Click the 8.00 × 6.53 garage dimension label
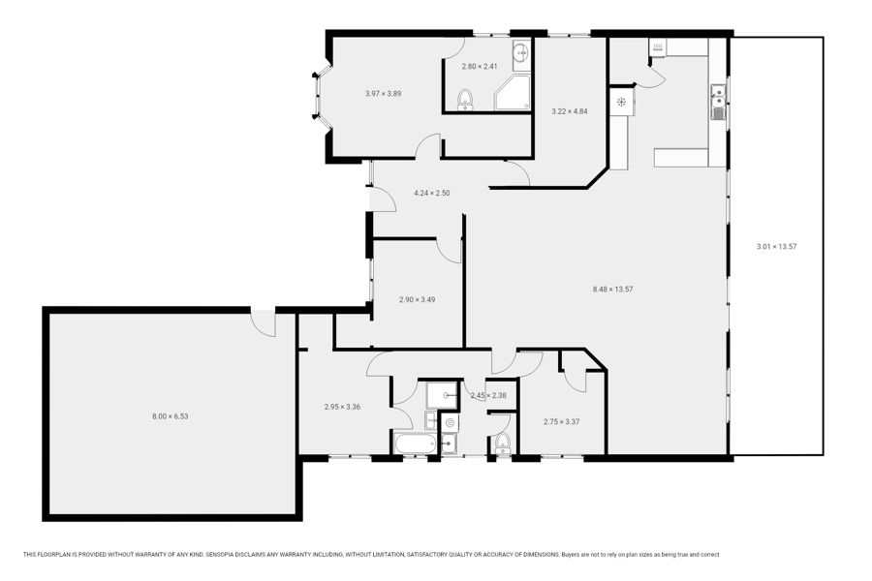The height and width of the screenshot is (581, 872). (171, 415)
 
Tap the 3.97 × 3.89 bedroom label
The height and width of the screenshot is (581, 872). (383, 93)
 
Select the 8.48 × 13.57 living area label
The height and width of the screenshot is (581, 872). (613, 290)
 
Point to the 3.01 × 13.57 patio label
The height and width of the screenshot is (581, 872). (776, 246)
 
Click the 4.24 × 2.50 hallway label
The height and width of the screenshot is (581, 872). (431, 193)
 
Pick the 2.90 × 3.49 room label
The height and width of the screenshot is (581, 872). (417, 299)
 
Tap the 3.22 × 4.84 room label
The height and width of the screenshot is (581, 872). (570, 111)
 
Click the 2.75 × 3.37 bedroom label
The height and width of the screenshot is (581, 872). (562, 421)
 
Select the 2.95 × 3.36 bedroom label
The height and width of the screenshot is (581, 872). (342, 407)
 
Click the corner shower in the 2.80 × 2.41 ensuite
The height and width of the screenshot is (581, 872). (513, 93)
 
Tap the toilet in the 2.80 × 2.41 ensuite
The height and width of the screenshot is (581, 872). (465, 100)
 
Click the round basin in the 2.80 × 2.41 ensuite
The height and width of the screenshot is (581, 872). (521, 53)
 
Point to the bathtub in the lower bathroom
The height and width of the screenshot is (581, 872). (416, 443)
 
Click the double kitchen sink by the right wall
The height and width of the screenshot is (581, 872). (719, 103)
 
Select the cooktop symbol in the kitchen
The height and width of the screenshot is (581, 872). (621, 102)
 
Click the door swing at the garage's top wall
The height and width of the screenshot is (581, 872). (263, 323)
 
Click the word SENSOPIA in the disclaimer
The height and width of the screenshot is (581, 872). (223, 554)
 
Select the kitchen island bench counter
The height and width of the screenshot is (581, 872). (681, 157)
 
